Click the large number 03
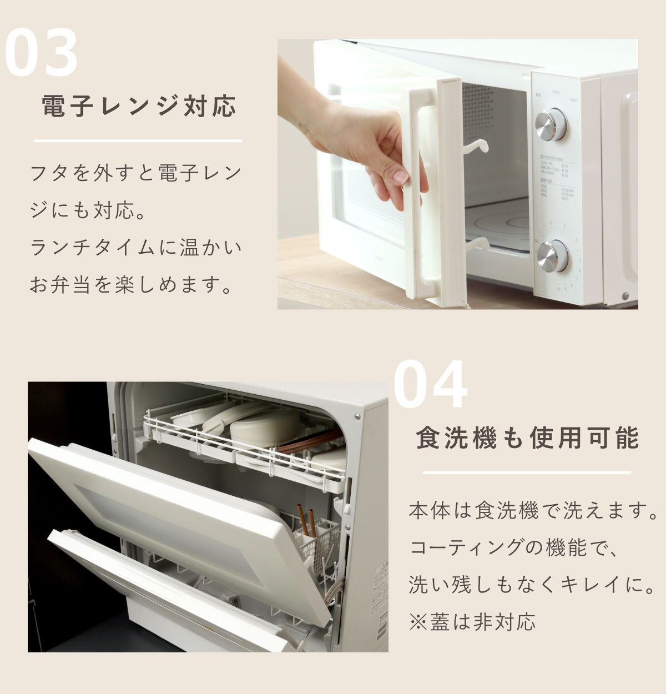pos(41,53)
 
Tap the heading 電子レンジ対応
pos(139,105)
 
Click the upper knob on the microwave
pos(551,124)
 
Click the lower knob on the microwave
pos(552,256)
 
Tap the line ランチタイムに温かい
pos(136,248)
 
